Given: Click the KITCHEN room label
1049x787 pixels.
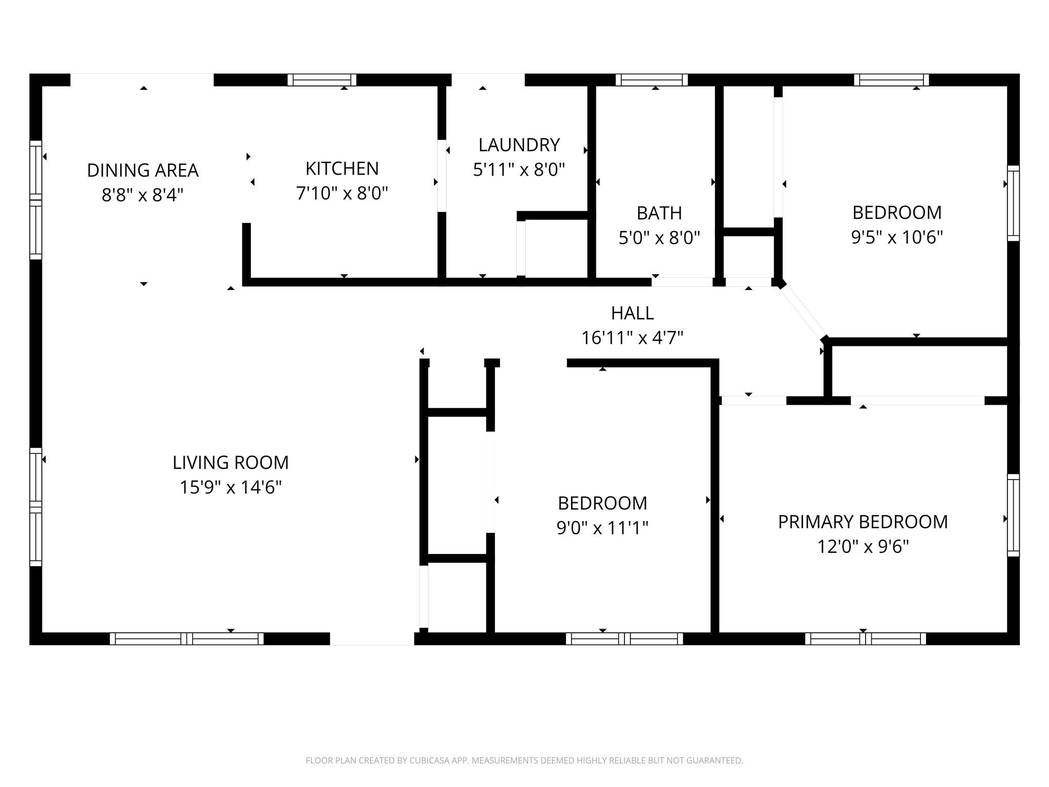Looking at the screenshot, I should point(342,169).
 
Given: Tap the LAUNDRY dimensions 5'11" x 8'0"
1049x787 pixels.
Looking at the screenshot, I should point(518,170).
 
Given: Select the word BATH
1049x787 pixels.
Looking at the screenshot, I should point(659,213).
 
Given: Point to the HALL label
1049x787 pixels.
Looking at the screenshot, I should point(632,313).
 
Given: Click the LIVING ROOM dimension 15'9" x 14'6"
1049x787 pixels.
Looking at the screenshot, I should point(230,487).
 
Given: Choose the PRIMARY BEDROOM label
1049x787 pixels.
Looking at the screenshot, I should point(863,522).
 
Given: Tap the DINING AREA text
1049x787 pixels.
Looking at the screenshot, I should point(142,171).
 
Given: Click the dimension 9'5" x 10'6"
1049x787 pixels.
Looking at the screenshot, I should point(896,238).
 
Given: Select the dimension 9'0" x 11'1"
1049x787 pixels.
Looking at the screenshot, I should point(602,528).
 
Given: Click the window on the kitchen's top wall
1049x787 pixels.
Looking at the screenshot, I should point(322,80).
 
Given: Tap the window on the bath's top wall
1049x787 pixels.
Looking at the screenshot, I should point(651,80).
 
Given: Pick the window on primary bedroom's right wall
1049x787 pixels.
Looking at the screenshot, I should point(1013,515).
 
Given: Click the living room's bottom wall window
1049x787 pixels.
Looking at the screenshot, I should point(186,638).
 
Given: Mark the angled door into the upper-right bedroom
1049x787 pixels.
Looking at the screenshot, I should point(803,312).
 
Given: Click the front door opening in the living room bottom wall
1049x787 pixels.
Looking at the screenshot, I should point(372,638).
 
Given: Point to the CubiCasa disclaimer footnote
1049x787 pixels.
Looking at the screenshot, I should point(524,760).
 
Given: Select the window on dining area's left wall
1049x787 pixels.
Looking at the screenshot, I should point(35,200).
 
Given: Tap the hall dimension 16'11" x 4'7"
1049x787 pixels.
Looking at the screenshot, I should point(632,338).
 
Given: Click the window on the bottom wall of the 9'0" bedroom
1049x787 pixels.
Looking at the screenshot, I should point(624,638).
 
